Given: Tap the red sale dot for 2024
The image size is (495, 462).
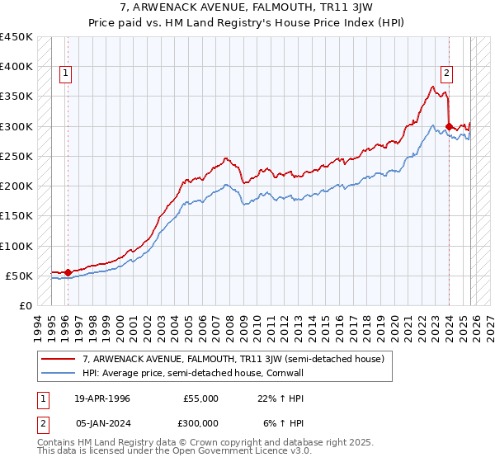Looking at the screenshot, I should pyautogui.click(x=448, y=126).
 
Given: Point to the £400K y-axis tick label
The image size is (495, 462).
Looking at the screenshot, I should pyautogui.click(x=16, y=67).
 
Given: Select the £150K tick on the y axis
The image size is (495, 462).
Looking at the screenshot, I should pyautogui.click(x=16, y=216).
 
